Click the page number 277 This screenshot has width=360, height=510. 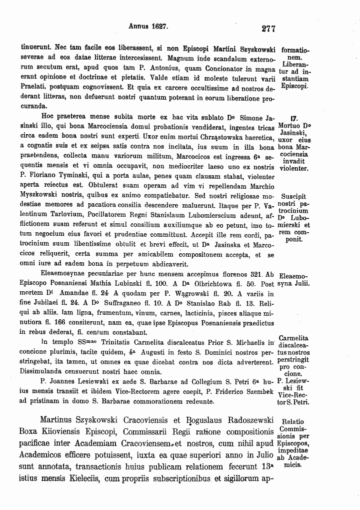click(x=268, y=29)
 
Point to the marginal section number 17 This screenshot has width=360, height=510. click(x=294, y=119)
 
